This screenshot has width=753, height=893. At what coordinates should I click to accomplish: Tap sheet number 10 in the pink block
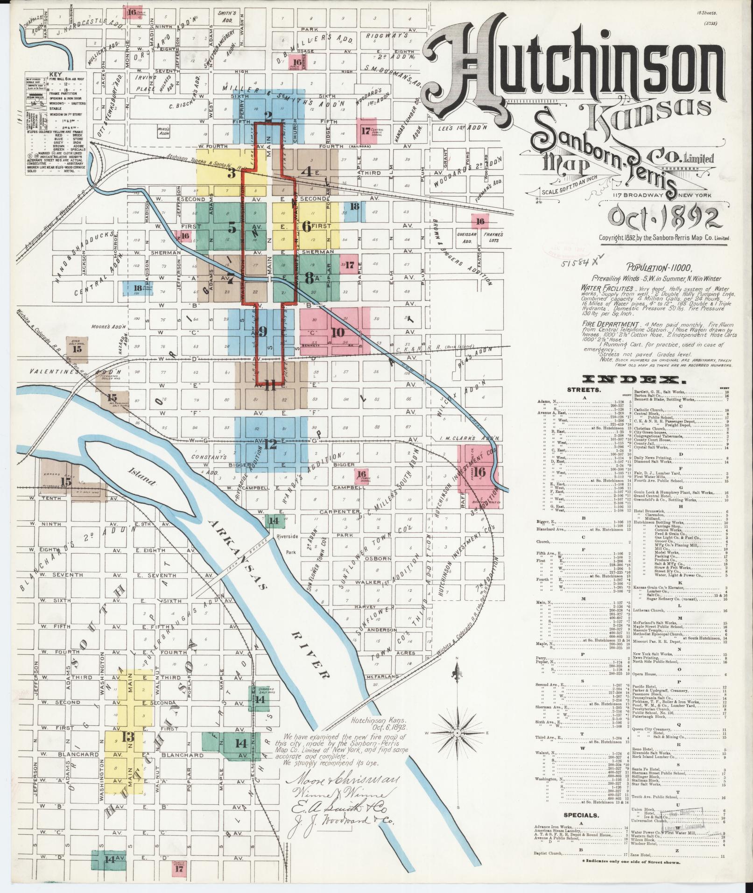338,332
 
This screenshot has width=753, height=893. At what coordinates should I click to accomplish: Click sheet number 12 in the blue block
270,444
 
